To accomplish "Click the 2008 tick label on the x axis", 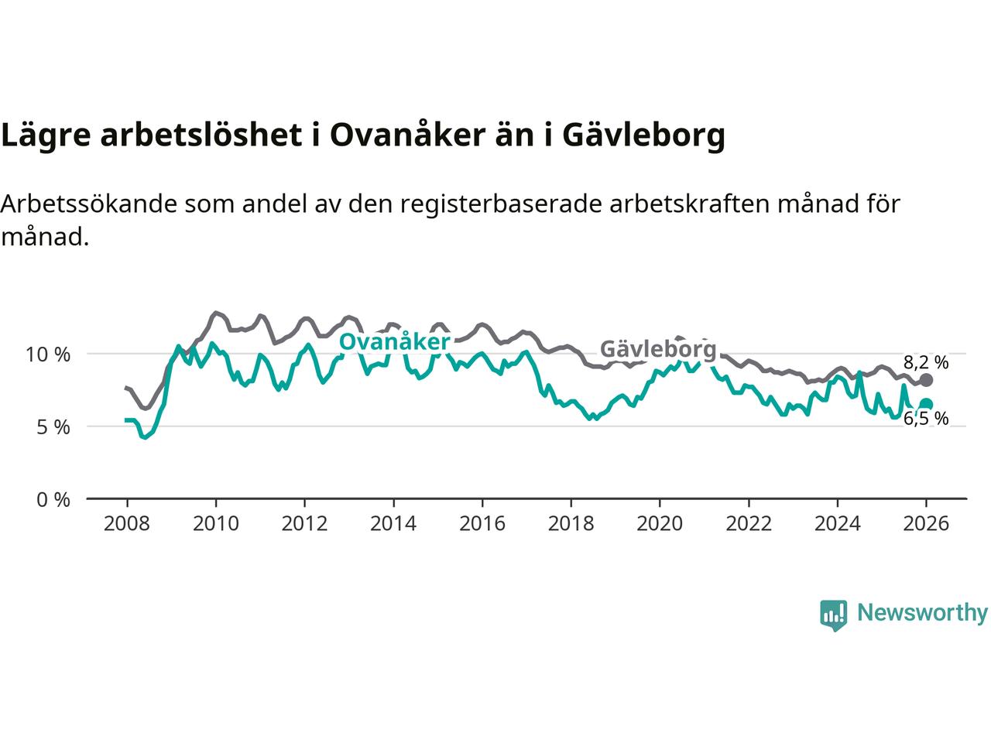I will tap(126, 524).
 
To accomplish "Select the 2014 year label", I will tap(393, 524).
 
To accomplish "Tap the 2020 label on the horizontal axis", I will tap(659, 524).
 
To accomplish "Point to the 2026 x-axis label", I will tap(926, 524).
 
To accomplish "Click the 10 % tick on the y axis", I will tap(48, 354).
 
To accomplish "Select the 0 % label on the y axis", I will tap(53, 500).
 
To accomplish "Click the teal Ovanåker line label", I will tap(395, 341).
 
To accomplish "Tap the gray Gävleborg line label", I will tap(658, 349).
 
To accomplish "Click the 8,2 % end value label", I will tap(926, 361).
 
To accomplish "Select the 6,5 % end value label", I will tap(926, 419).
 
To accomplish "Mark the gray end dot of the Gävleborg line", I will tap(926, 380).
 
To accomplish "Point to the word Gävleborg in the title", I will tap(643, 135).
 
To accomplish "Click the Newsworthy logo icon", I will tap(833, 615).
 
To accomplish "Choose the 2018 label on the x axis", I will tap(571, 524).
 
